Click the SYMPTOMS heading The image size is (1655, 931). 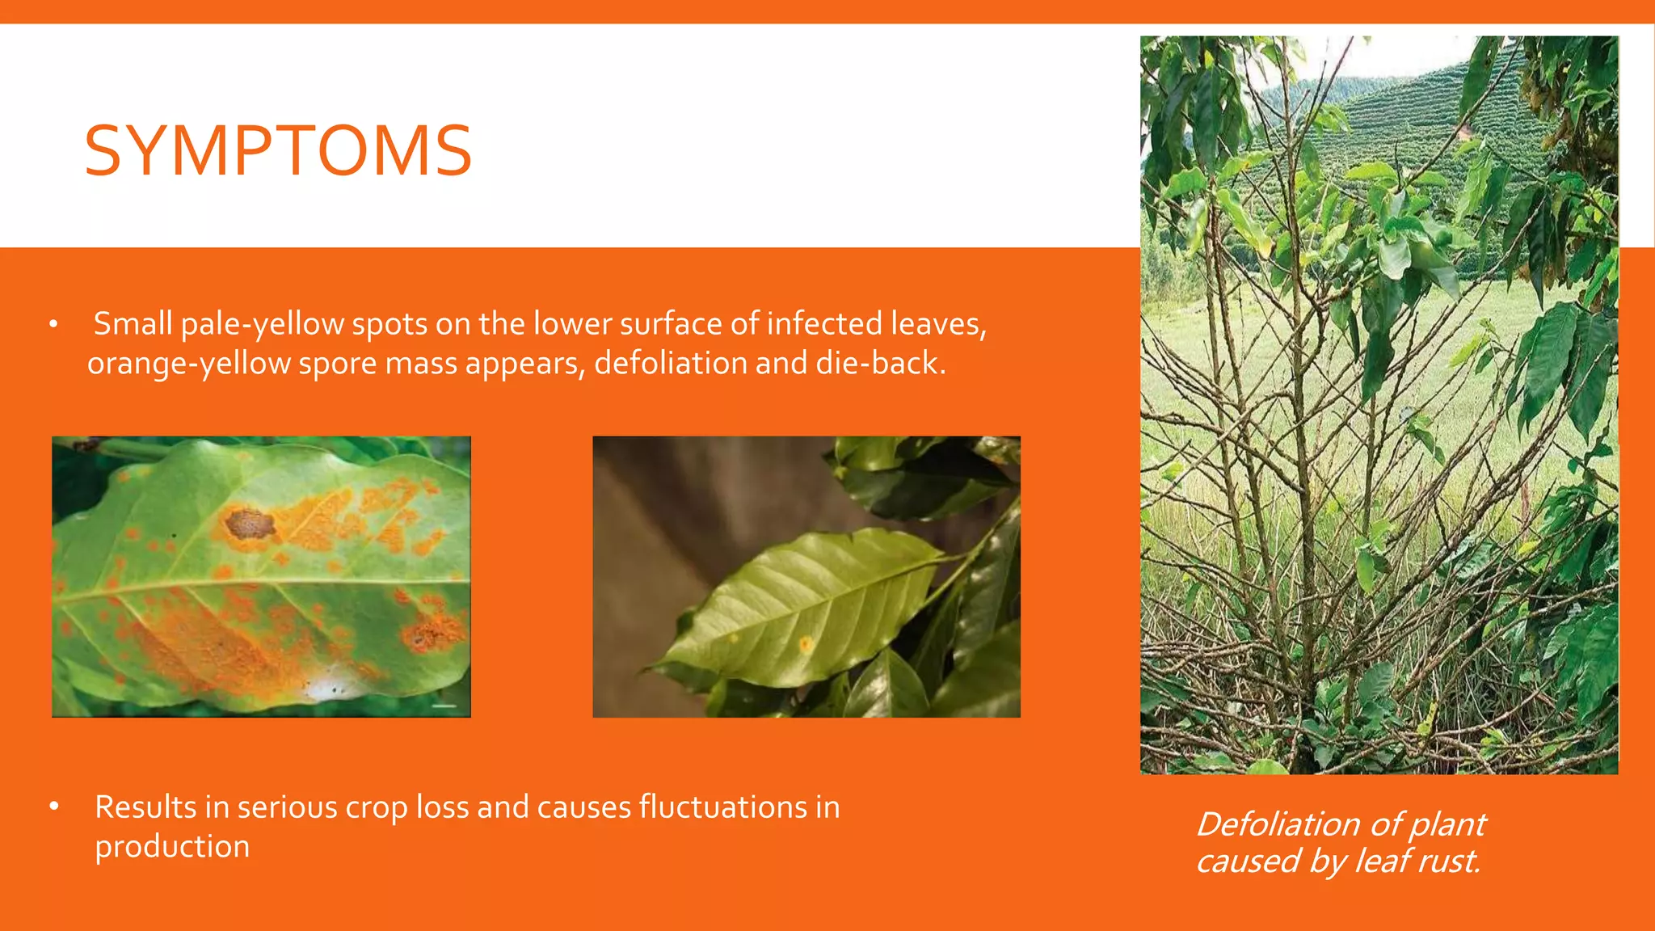(278, 151)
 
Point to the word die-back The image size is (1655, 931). (879, 364)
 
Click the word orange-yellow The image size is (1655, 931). (188, 364)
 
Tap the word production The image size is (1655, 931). (172, 846)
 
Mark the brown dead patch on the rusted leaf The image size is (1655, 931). (249, 524)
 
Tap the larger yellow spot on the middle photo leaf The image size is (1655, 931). (806, 644)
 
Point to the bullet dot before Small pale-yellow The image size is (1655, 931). (53, 325)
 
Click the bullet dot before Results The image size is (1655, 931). (54, 807)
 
